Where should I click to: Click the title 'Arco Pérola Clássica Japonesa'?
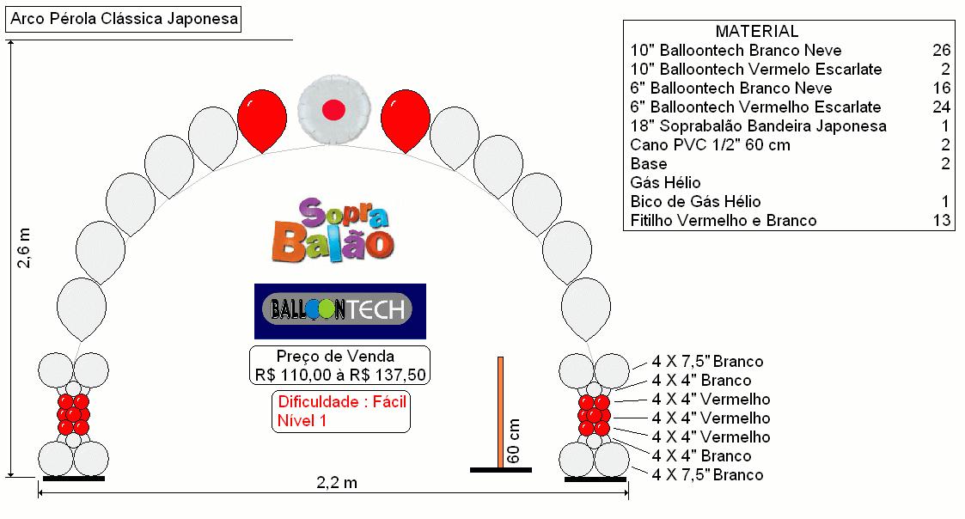(124, 18)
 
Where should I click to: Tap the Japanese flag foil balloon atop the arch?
(334, 110)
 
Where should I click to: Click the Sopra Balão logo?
(333, 229)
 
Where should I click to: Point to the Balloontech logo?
(340, 311)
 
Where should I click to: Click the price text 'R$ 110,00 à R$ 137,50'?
(340, 375)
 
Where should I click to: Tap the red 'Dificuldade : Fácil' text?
(342, 402)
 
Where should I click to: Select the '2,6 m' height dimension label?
(23, 248)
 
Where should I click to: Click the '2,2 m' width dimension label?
(337, 482)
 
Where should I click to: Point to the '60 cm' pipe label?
(513, 441)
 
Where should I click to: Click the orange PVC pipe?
(500, 412)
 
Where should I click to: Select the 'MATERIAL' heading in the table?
(757, 31)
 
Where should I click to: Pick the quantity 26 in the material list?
(942, 50)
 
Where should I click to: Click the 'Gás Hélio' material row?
(665, 182)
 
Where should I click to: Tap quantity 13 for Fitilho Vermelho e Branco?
(942, 220)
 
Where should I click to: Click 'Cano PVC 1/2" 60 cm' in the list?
(710, 144)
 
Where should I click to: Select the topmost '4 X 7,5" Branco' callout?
(708, 362)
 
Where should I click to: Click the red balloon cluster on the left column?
(73, 414)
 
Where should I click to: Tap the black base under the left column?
(74, 479)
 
